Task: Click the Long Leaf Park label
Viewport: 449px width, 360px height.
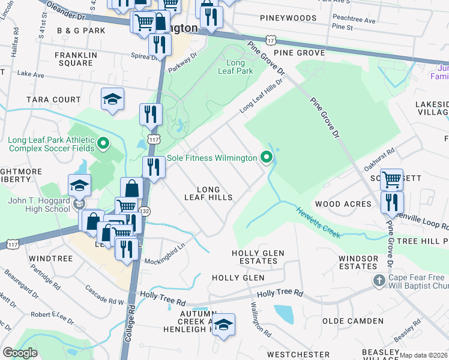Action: pos(240,67)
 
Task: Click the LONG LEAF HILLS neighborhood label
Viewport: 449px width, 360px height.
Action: pos(208,193)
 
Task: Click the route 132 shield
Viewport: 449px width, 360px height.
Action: pos(146,212)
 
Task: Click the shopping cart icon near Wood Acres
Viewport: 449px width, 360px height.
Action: pos(391,178)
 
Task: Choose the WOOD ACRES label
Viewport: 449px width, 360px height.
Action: pos(343,204)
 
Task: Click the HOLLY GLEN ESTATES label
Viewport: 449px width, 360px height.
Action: pos(258,257)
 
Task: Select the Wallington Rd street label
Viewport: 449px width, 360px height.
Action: pos(261,319)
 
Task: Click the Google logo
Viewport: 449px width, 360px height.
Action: pos(20,353)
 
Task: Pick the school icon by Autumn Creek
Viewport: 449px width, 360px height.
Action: pos(223,324)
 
